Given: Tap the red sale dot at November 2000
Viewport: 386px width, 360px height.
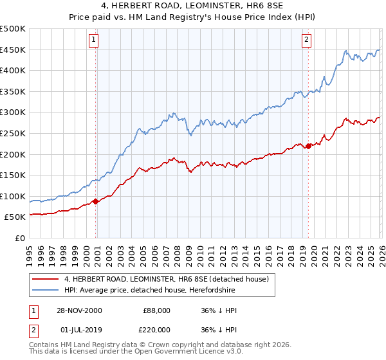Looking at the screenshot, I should [x=96, y=201].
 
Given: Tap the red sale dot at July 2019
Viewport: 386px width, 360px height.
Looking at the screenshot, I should [x=308, y=146].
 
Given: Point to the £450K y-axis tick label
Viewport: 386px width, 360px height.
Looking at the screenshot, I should [x=13, y=50].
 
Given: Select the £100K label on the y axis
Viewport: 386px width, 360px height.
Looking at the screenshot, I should [x=13, y=196].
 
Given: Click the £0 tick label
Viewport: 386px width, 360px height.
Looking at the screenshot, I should [x=21, y=238].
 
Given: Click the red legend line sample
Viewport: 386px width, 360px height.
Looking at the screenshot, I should [x=44, y=279].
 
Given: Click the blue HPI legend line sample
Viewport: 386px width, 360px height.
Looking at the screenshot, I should [x=44, y=290].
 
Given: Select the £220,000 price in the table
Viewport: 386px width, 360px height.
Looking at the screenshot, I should [x=157, y=331].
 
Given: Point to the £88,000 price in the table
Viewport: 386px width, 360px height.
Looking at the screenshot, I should [x=157, y=310].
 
